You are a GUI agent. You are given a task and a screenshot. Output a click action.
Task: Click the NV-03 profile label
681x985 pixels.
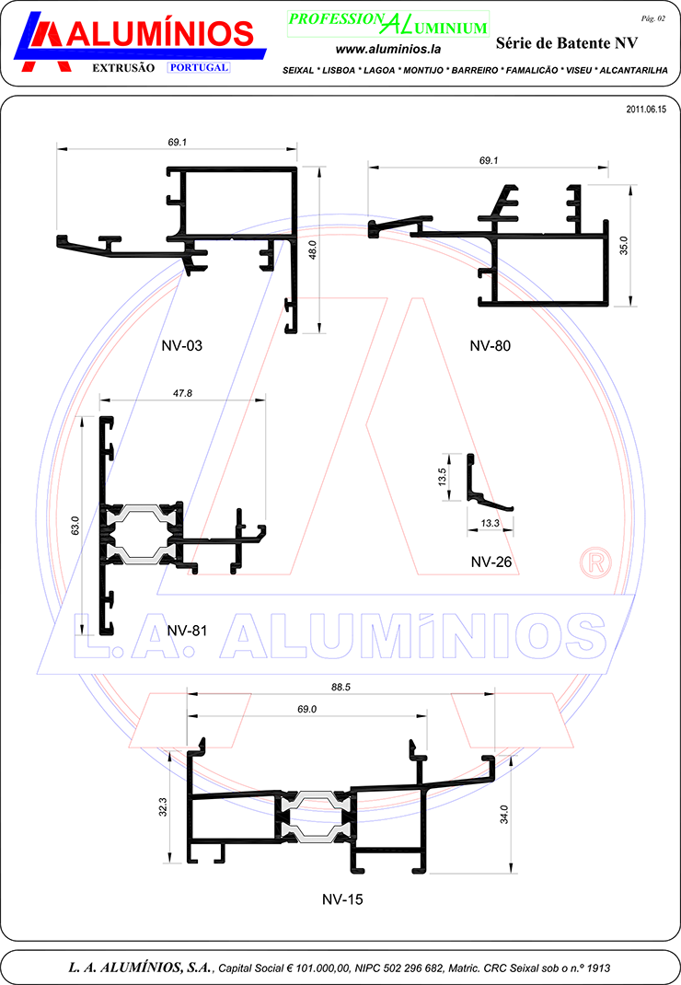click(181, 345)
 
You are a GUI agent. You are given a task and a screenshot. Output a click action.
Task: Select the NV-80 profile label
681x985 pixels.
click(490, 345)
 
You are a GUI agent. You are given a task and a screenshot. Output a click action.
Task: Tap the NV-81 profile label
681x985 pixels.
click(187, 630)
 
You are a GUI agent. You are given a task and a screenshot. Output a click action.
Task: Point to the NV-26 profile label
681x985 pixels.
click(491, 562)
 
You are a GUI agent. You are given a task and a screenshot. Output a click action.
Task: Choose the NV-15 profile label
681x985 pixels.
click(342, 899)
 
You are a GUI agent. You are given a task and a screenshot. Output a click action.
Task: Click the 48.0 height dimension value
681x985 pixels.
click(312, 249)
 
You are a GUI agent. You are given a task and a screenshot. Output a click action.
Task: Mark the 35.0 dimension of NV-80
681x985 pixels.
click(623, 246)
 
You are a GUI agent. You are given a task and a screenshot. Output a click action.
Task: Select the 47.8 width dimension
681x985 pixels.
click(182, 393)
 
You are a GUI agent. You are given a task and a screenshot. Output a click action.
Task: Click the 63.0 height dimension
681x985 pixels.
click(75, 525)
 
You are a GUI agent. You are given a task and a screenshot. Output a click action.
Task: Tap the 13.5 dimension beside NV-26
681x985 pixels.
click(443, 477)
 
